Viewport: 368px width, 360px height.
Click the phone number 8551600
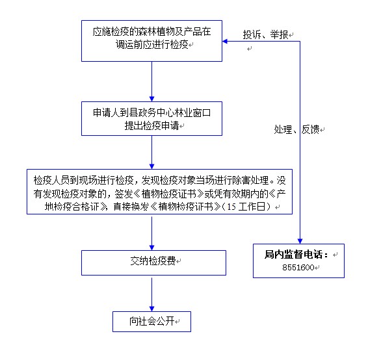pyautogui.click(x=298, y=267)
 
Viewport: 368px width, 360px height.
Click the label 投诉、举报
pyautogui.click(x=265, y=34)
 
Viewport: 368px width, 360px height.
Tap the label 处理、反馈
pyautogui.click(x=296, y=129)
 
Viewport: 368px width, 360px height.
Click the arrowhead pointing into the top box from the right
pyautogui.click(x=225, y=42)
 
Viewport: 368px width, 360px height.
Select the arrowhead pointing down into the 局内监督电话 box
pyautogui.click(x=300, y=241)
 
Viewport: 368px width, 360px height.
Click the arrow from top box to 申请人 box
pyautogui.click(x=151, y=81)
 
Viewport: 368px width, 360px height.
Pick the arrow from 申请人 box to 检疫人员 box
pyautogui.click(x=151, y=152)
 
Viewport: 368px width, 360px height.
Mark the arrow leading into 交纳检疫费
pyautogui.click(x=151, y=233)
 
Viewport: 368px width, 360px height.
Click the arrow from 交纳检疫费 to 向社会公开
pyautogui.click(x=151, y=294)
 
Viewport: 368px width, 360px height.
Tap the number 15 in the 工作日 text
pyautogui.click(x=231, y=207)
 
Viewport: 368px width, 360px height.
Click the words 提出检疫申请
pyautogui.click(x=151, y=125)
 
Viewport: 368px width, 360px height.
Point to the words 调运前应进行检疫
pyautogui.click(x=152, y=44)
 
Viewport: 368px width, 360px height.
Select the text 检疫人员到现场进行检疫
pyautogui.click(x=84, y=180)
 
